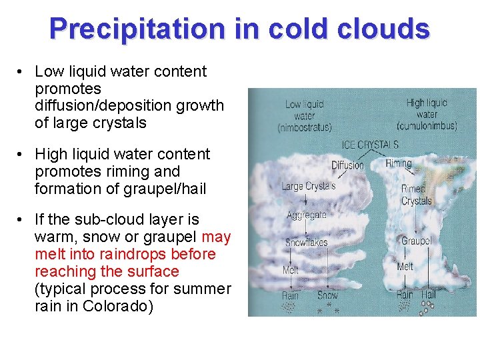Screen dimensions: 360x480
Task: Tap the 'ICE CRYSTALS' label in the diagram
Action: point(370,145)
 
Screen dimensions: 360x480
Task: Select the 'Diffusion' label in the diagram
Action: point(347,165)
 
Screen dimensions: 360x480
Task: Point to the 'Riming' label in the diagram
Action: point(399,163)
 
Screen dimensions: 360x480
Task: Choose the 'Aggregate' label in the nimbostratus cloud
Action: point(306,215)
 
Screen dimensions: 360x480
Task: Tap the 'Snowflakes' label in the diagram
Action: point(307,243)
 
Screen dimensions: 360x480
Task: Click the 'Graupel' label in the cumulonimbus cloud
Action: point(416,241)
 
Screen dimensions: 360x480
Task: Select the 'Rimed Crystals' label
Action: point(416,195)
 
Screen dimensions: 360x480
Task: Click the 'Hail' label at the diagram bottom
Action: point(428,294)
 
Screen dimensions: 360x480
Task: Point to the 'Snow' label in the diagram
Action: point(327,295)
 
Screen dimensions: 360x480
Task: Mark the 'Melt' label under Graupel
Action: point(405,266)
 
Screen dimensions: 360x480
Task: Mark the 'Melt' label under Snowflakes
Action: point(291,270)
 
